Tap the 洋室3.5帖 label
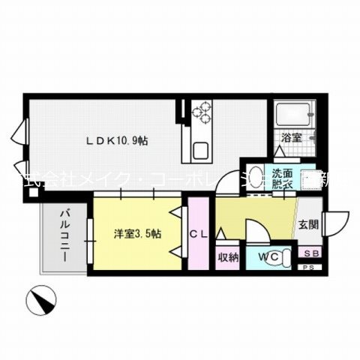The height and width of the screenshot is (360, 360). [138, 234]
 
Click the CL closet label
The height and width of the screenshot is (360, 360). [199, 234]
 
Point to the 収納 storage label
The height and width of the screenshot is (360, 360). [227, 256]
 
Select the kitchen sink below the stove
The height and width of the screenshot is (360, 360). [200, 149]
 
